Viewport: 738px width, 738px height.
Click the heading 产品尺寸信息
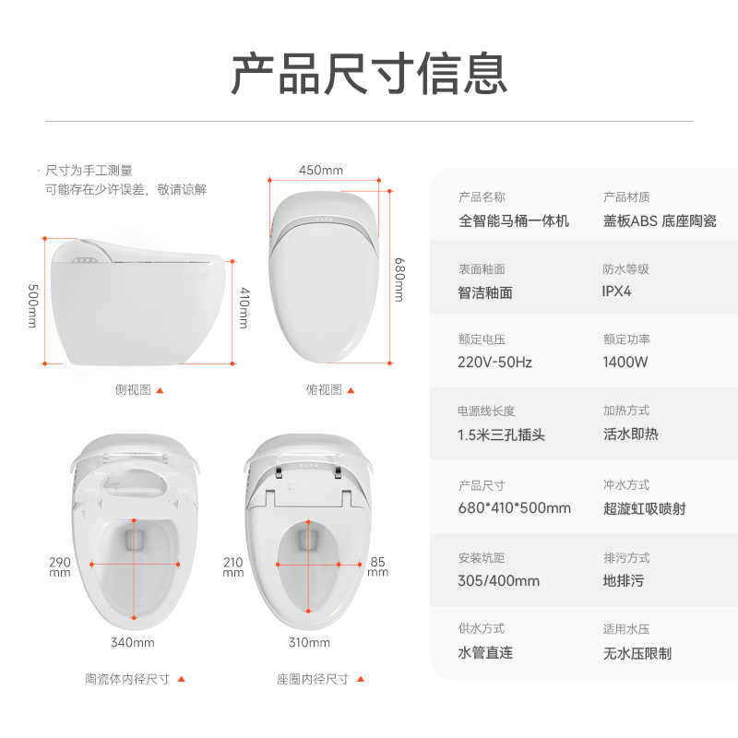pos(369,74)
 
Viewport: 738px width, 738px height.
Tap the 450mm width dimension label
pos(321,170)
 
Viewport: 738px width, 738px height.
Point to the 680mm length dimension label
pos(399,280)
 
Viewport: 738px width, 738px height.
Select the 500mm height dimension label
pos(32,305)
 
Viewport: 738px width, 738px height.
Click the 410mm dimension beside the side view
pos(244,307)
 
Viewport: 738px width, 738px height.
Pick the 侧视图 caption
pos(133,389)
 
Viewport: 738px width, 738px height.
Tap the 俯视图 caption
pos(324,389)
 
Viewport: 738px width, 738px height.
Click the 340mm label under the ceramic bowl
pos(132,642)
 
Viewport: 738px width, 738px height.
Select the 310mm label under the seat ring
pos(309,642)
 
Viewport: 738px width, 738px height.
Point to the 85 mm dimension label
pos(377,566)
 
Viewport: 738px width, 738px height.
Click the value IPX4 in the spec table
pos(616,292)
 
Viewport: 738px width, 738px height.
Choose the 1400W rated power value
pos(625,362)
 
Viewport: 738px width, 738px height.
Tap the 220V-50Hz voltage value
pos(494,363)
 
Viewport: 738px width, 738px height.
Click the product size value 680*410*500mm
pos(515,508)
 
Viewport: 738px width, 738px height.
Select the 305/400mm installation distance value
pos(499,581)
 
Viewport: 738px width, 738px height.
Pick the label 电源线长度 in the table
pos(486,411)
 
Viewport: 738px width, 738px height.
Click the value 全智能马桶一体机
pos(514,220)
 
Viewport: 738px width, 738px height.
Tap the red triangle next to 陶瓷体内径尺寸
pos(181,679)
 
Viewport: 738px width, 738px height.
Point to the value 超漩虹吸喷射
pos(644,509)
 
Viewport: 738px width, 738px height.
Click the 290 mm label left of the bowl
pos(60,566)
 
